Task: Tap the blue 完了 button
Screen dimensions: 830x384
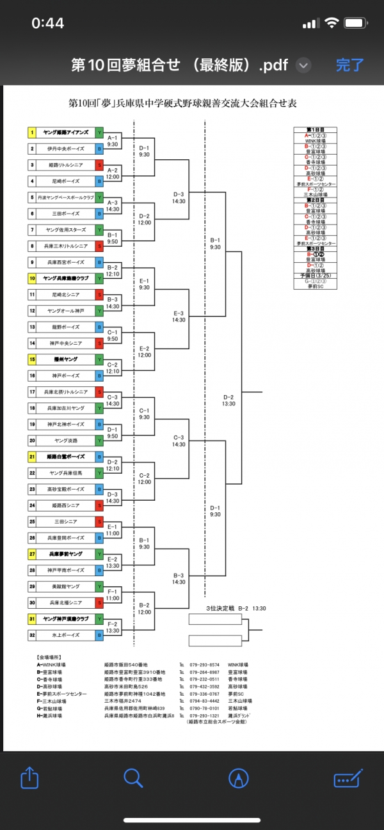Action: click(x=349, y=65)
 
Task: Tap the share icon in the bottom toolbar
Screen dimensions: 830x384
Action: click(x=29, y=778)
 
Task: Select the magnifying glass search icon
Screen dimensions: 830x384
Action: click(x=132, y=778)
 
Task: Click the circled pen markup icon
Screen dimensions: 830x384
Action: click(x=239, y=778)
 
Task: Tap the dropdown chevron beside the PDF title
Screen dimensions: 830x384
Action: click(x=305, y=65)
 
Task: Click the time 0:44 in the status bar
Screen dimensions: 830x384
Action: click(x=48, y=23)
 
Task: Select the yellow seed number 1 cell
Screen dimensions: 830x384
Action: click(x=32, y=132)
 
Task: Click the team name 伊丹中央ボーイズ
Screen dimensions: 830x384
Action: click(x=66, y=149)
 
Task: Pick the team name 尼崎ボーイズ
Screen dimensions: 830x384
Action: click(x=66, y=181)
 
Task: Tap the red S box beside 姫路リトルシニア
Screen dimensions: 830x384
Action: click(x=99, y=165)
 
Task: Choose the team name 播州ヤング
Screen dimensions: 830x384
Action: click(x=66, y=359)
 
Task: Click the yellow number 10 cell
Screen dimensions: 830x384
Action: click(x=32, y=278)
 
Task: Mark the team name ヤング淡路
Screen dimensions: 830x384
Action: click(x=66, y=441)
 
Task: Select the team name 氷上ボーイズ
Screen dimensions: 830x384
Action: click(x=66, y=635)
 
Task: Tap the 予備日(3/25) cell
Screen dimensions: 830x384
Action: click(x=315, y=276)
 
